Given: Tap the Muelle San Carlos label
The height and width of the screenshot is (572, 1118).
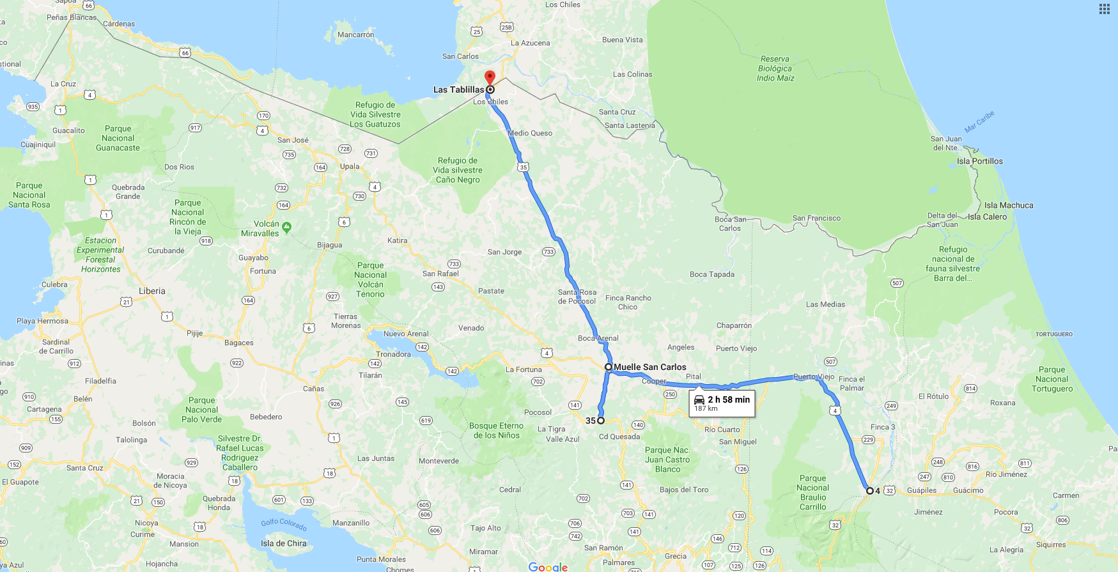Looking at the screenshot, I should (x=649, y=367).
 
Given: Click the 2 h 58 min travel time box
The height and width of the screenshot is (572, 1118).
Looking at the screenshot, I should (x=722, y=403).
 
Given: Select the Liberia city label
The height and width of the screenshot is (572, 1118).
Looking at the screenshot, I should (x=152, y=291).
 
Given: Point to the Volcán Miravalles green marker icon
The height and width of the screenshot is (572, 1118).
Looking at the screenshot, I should (x=287, y=227).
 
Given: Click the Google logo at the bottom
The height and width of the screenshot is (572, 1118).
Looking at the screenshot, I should (x=548, y=567).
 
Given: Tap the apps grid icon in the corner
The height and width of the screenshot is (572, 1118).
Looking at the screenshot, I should (x=1105, y=9).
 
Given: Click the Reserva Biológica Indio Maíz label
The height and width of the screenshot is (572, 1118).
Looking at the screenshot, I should (x=775, y=68).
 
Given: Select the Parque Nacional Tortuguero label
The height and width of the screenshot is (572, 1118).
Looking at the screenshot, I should (x=1052, y=379).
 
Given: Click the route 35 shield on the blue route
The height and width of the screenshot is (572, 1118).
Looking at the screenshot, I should (x=524, y=167).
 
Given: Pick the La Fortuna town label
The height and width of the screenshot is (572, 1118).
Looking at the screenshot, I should (x=524, y=369).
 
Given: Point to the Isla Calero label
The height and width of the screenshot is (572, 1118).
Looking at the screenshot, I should (x=987, y=217).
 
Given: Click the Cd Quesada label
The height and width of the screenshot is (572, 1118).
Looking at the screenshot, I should (x=619, y=437).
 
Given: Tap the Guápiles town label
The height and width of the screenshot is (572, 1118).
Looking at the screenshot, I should (x=922, y=490).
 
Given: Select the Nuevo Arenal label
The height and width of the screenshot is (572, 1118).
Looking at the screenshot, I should (x=406, y=334).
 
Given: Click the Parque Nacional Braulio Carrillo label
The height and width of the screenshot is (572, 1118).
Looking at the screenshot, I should (x=812, y=492).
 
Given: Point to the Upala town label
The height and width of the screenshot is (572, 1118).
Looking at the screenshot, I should (x=350, y=166).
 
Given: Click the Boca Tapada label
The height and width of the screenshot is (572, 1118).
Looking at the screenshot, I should (x=711, y=274).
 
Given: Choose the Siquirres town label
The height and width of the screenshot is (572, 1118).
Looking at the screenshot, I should (x=1051, y=545).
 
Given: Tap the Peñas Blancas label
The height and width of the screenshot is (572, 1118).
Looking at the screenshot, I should (x=72, y=17).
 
